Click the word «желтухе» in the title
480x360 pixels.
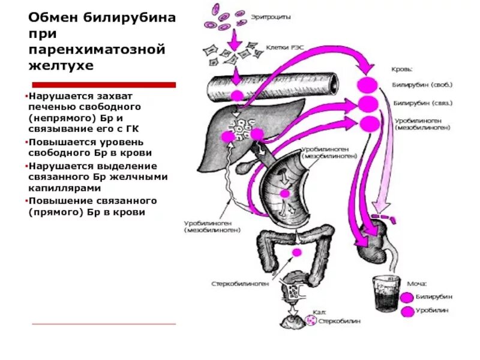(61, 65)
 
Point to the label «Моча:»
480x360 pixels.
(415, 283)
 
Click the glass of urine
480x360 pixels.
(385, 295)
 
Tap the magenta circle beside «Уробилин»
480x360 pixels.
(407, 311)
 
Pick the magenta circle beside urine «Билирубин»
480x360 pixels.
(407, 296)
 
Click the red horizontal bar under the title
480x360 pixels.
(104, 85)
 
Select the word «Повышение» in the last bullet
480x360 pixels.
(56, 200)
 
